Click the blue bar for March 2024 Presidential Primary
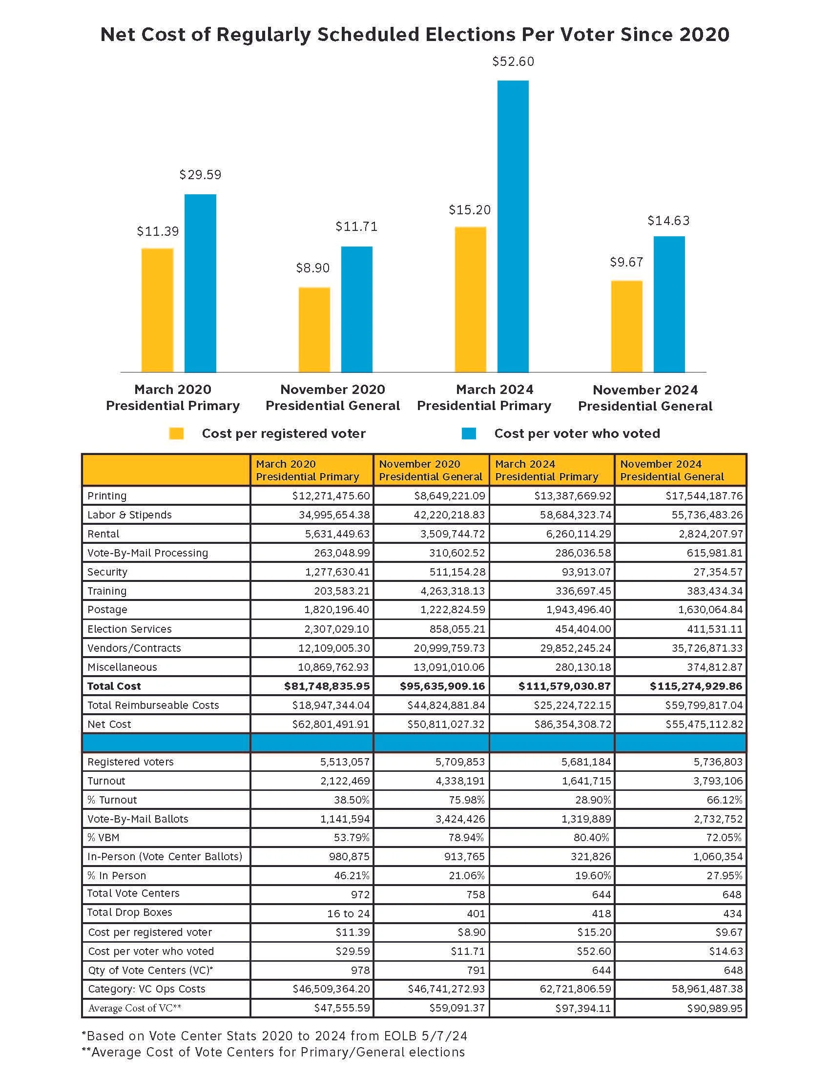(x=513, y=226)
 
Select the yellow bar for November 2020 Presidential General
(x=314, y=330)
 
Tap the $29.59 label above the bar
(x=200, y=175)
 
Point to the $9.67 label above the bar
(x=626, y=262)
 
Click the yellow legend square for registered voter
(x=176, y=433)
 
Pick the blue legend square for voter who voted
(x=469, y=433)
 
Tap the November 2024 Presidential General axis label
(x=645, y=398)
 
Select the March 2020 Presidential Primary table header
(x=307, y=470)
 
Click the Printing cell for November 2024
(x=704, y=496)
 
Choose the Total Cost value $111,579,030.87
(x=564, y=686)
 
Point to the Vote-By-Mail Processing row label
(x=147, y=553)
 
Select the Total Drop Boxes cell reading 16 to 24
(x=348, y=914)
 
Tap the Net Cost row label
(x=109, y=724)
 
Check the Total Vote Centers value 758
(x=476, y=894)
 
